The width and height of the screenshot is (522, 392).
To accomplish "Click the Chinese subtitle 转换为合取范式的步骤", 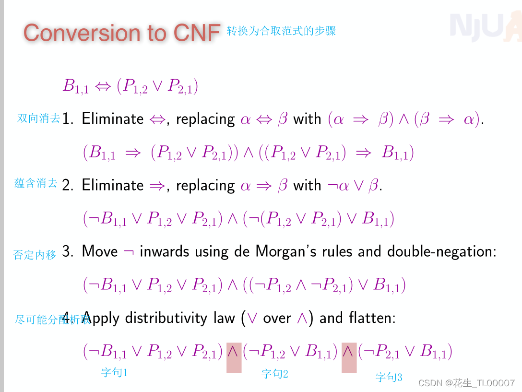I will pos(281,31).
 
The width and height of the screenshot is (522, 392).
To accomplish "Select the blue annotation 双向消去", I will pos(39,118).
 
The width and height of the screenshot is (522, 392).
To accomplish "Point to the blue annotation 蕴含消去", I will pos(36,183).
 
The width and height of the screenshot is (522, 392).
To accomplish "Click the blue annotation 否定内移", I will pos(35,255).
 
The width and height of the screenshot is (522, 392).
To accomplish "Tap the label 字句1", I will pos(114,372).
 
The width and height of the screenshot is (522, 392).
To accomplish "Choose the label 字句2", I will pos(274,373).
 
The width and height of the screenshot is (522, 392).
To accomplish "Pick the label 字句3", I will pos(389,377).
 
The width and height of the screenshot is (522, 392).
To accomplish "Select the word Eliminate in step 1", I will pos(113,119).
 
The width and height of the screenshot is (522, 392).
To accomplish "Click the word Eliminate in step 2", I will pos(113,185).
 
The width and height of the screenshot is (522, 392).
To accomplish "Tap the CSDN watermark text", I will pos(466,383).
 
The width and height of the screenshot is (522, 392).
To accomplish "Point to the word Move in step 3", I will pos(100,251).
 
